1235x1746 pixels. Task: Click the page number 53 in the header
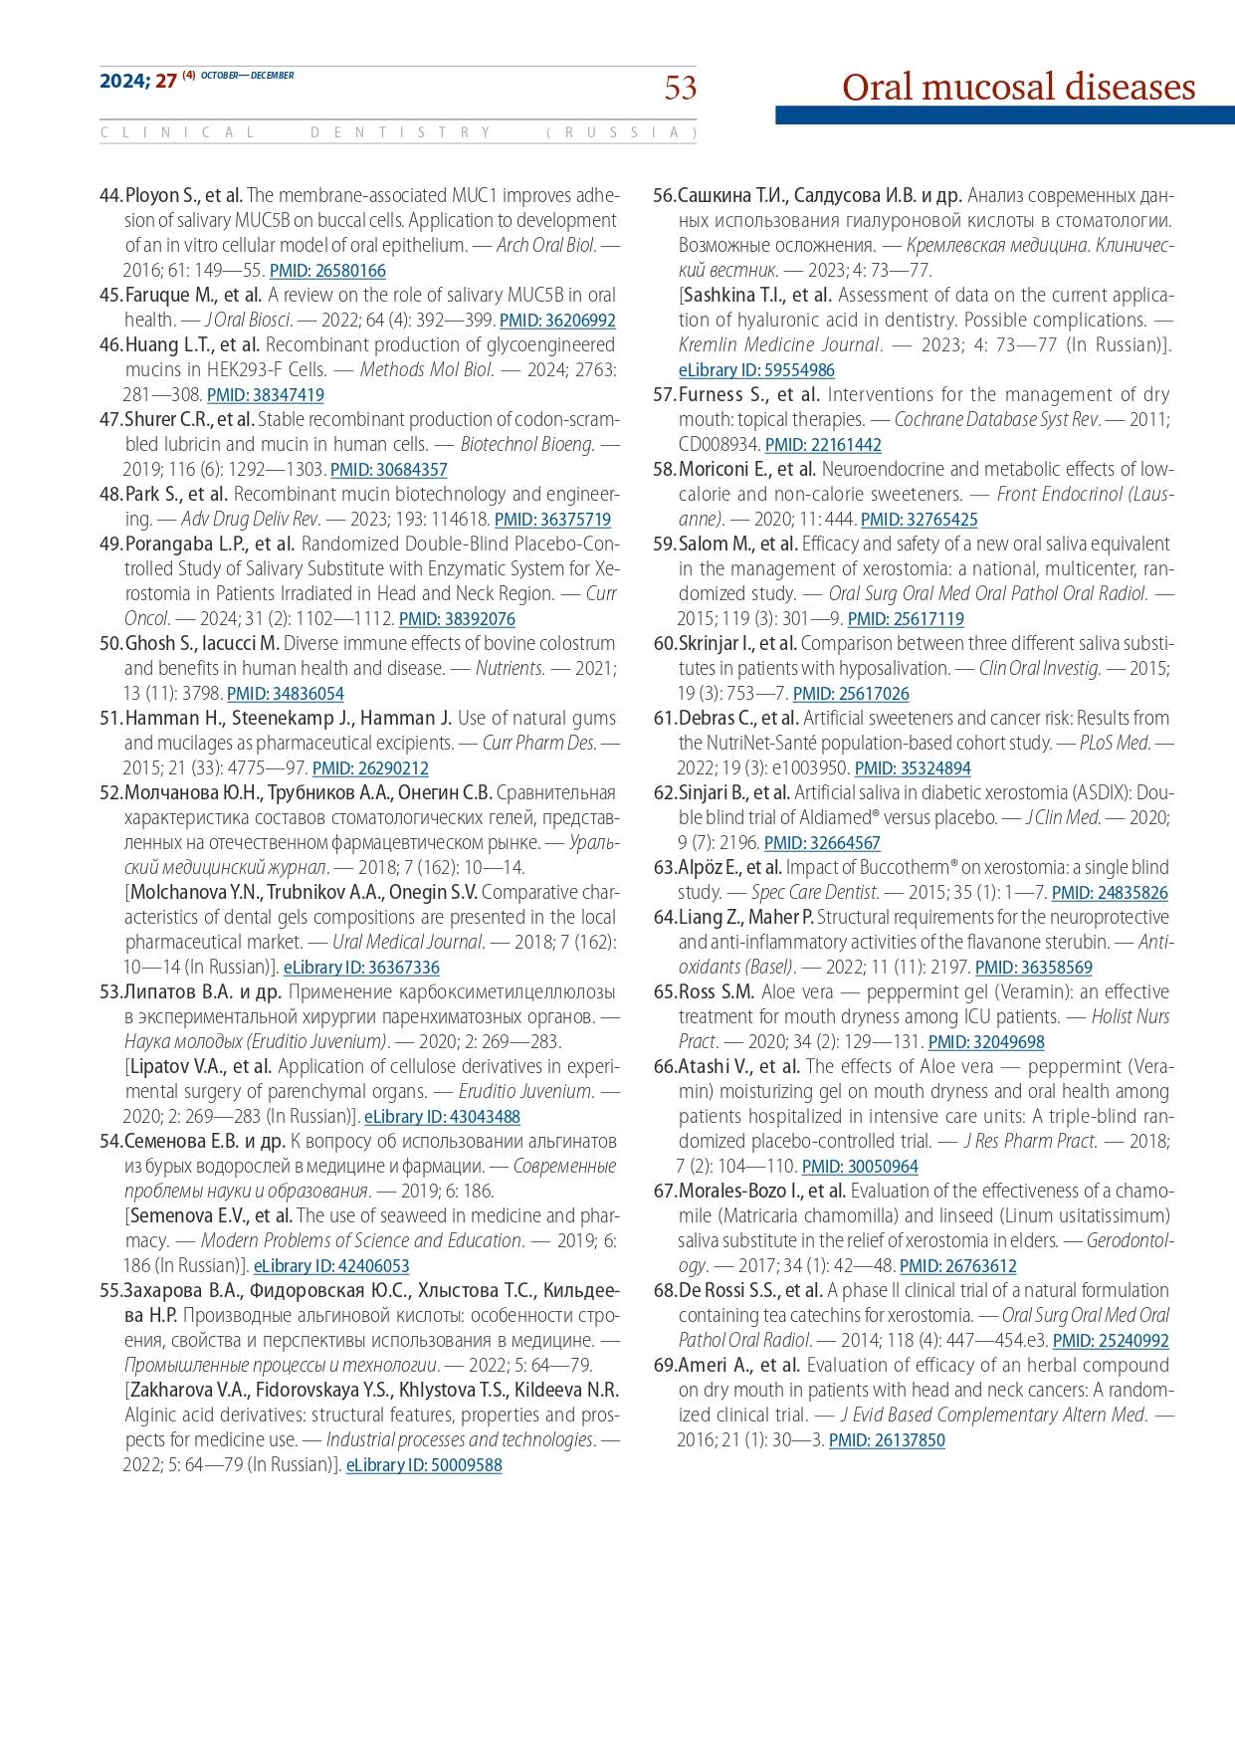coord(681,88)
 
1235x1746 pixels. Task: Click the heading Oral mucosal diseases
coord(1018,87)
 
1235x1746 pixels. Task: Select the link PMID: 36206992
coord(557,321)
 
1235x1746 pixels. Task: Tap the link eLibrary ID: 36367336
coord(361,968)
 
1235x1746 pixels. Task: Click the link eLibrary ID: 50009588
coord(424,1465)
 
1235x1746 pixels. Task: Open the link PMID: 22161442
coord(823,445)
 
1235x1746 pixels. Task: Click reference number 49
coord(110,545)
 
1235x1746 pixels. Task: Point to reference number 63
coord(665,868)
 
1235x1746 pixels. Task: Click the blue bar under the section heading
coord(1005,115)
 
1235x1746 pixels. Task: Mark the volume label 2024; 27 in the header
coord(137,81)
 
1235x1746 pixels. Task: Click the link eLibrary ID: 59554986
coord(756,370)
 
